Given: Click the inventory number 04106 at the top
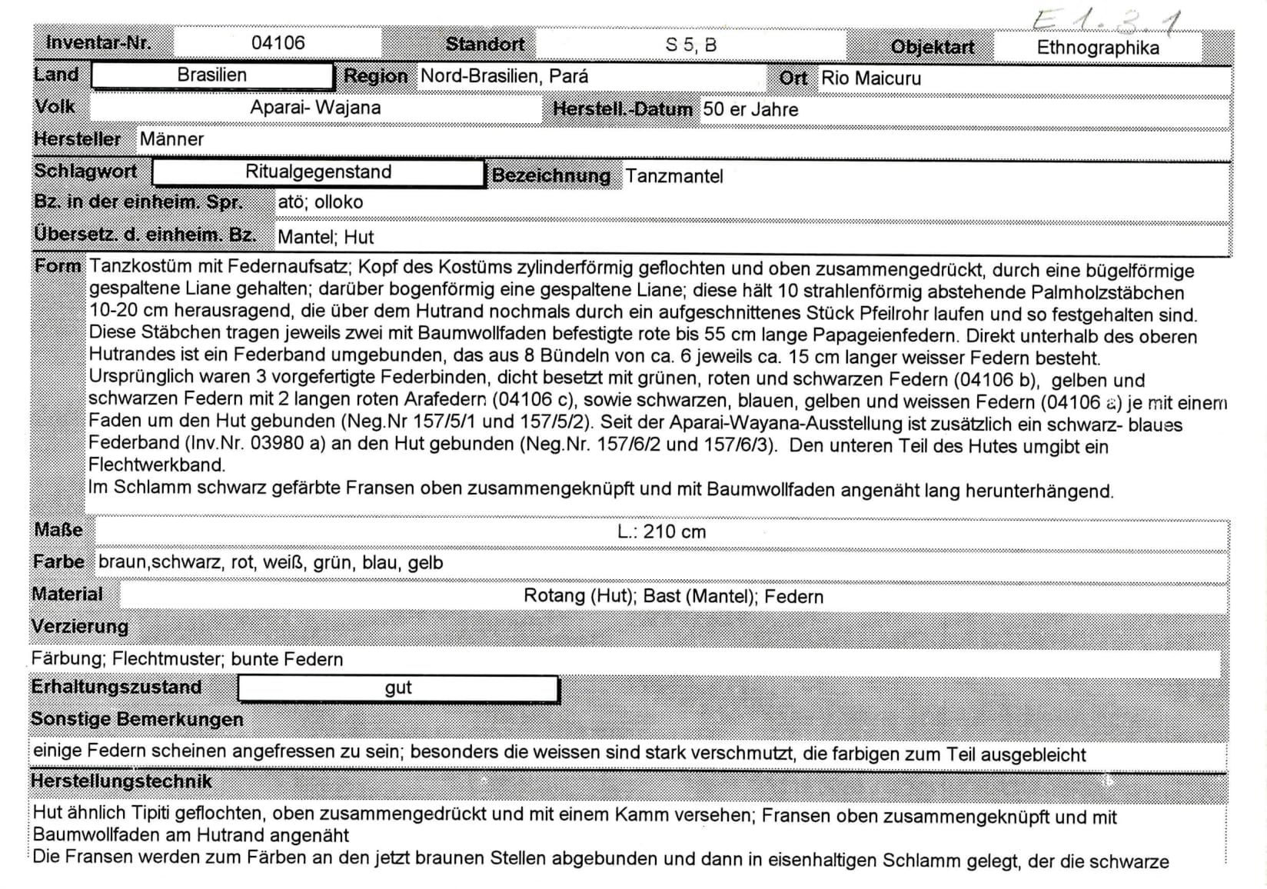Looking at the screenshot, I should pyautogui.click(x=278, y=43).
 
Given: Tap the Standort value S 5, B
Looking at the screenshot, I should pyautogui.click(x=690, y=45).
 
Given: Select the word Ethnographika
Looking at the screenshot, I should pyautogui.click(x=1097, y=48).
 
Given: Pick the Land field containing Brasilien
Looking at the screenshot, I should pyautogui.click(x=212, y=75).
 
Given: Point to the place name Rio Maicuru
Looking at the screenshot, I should pyautogui.click(x=870, y=78).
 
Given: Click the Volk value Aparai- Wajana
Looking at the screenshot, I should pyautogui.click(x=315, y=108).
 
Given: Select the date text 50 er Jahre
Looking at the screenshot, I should pyautogui.click(x=750, y=109).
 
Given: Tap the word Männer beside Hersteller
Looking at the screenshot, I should pyautogui.click(x=171, y=139).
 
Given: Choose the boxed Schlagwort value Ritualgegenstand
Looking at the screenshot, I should pyautogui.click(x=318, y=172).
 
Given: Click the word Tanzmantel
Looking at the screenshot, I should pyautogui.click(x=673, y=177).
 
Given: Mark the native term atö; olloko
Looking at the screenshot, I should pyautogui.click(x=320, y=202).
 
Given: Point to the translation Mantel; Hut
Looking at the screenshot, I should pyautogui.click(x=325, y=237).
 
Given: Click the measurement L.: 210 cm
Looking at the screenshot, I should pyautogui.click(x=661, y=531).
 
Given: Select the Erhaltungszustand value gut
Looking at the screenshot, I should pyautogui.click(x=398, y=688).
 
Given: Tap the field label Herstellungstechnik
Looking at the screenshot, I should pyautogui.click(x=121, y=781).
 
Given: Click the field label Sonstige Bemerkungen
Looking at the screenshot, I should pyautogui.click(x=137, y=719).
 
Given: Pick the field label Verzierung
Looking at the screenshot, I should pyautogui.click(x=80, y=626).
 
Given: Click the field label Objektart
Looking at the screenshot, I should pyautogui.click(x=932, y=48).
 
